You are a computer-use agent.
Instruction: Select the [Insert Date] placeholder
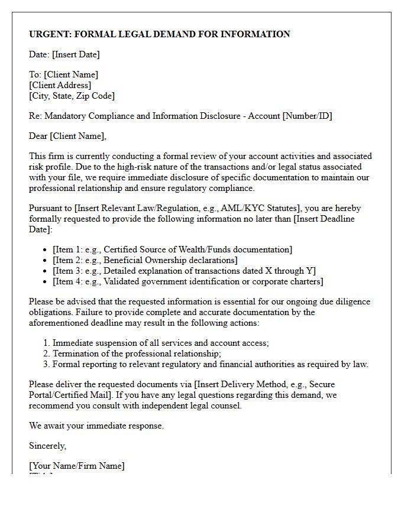pyautogui.click(x=76, y=54)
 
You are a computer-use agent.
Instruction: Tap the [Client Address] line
pyautogui.click(x=60, y=85)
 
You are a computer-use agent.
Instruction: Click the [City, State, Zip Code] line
pyautogui.click(x=72, y=96)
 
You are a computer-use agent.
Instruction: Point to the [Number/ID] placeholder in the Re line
pyautogui.click(x=307, y=116)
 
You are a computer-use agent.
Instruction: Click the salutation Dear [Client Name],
pyautogui.click(x=68, y=136)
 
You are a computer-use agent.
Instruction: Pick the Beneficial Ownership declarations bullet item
pyautogui.click(x=145, y=260)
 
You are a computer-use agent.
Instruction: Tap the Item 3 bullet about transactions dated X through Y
pyautogui.click(x=184, y=271)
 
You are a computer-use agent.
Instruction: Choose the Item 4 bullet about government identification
pyautogui.click(x=187, y=281)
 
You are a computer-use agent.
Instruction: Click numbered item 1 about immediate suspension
pyautogui.click(x=160, y=343)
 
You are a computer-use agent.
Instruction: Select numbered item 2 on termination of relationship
pyautogui.click(x=137, y=353)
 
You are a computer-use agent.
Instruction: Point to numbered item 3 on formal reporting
pyautogui.click(x=210, y=364)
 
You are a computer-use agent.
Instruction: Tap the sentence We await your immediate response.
pyautogui.click(x=96, y=426)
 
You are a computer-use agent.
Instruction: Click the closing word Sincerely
pyautogui.click(x=48, y=446)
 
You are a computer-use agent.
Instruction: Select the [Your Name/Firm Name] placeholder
pyautogui.click(x=77, y=466)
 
